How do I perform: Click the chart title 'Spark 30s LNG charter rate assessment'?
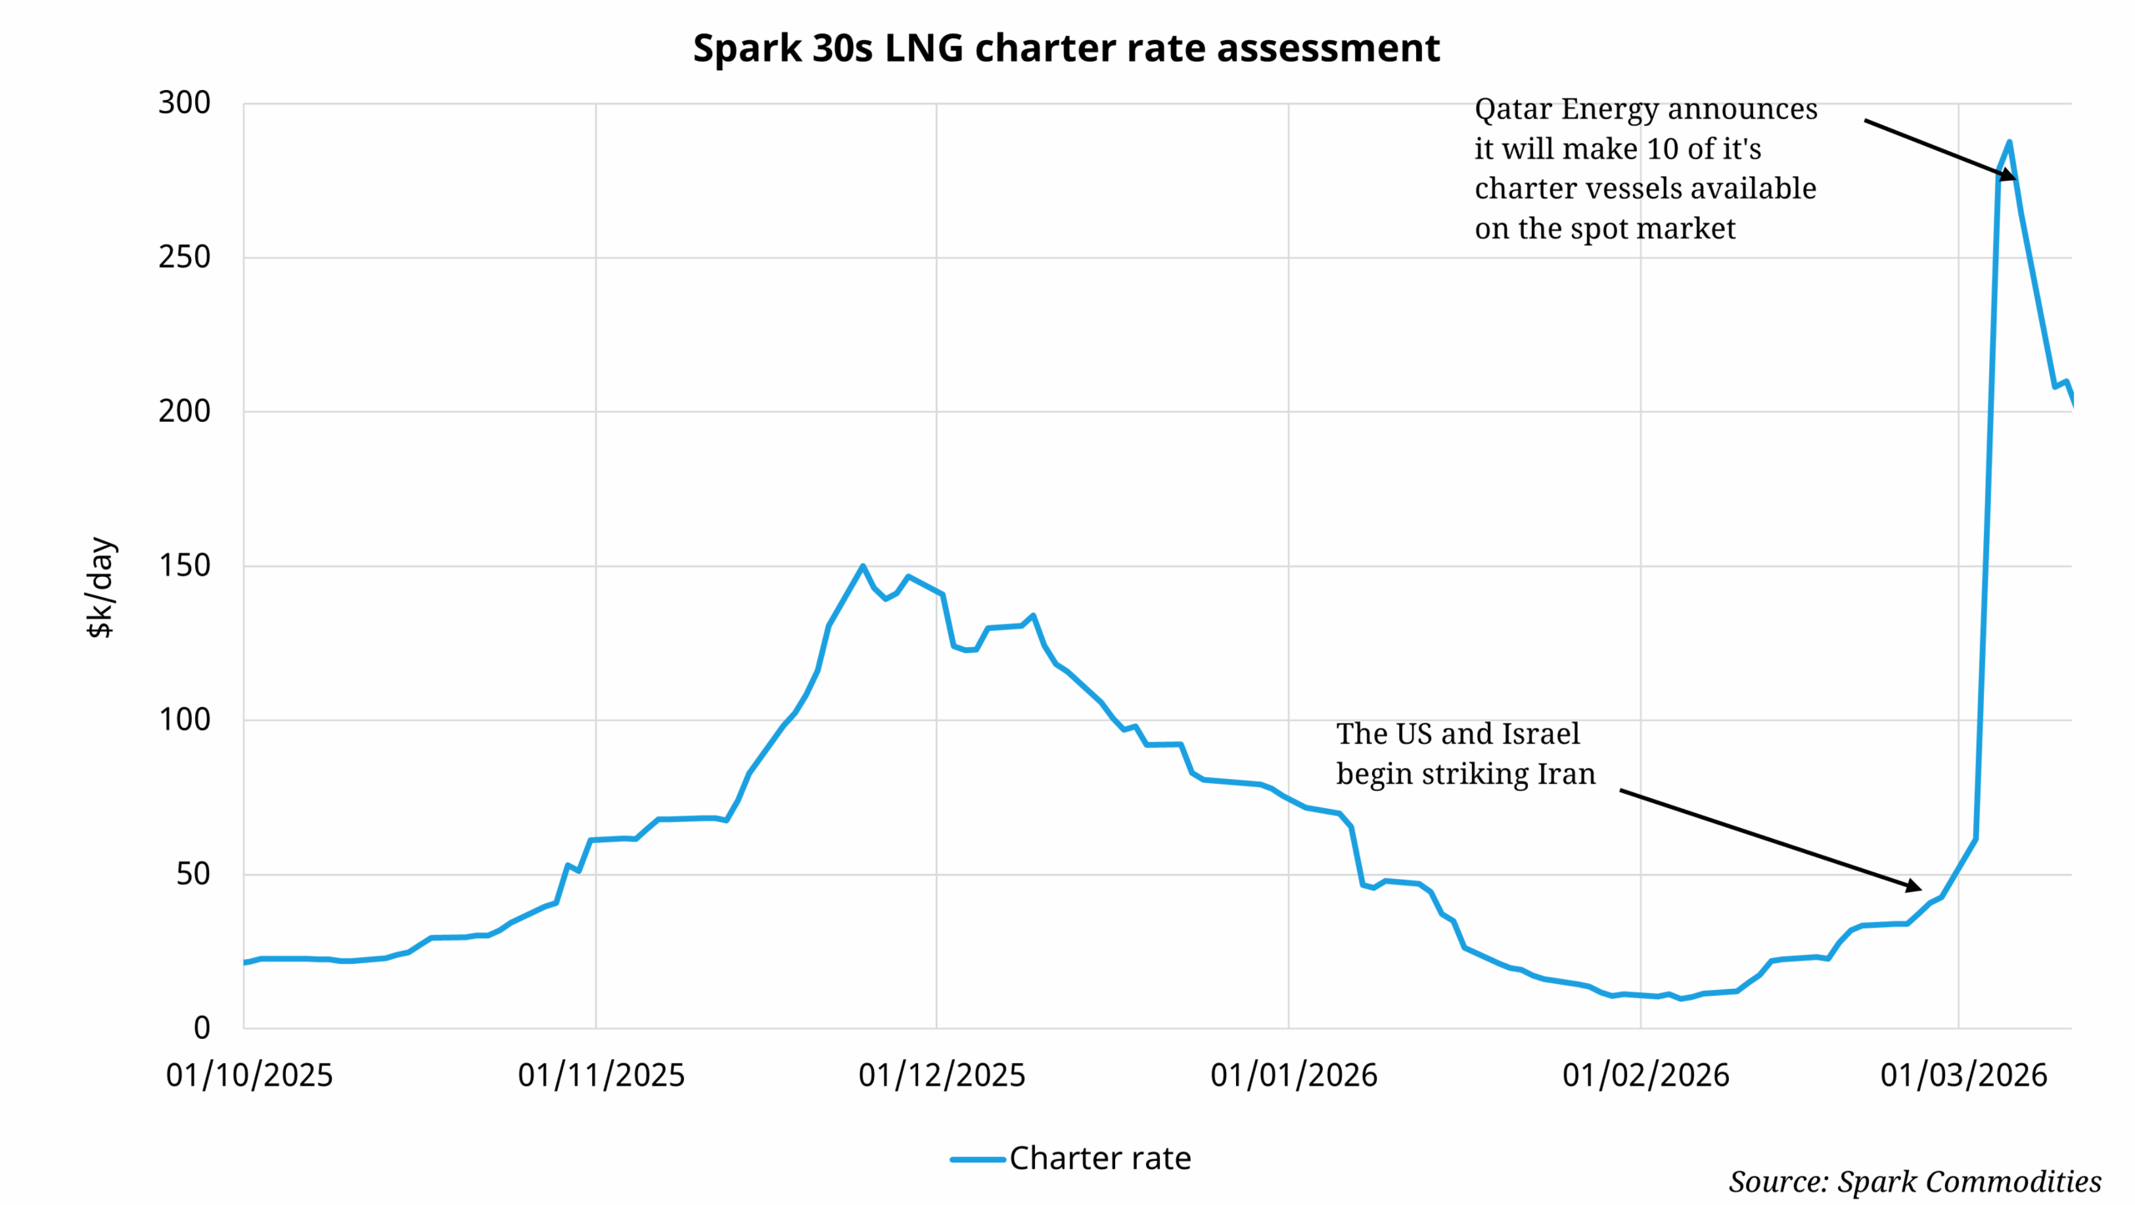point(1066,48)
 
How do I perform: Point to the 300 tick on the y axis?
point(184,103)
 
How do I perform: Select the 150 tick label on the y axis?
point(184,565)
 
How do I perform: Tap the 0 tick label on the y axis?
point(202,1027)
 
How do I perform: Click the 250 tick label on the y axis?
point(184,257)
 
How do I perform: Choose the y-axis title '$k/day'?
point(101,587)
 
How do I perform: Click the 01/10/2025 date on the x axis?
point(249,1075)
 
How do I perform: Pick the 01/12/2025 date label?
point(942,1075)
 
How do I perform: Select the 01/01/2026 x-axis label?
point(1294,1075)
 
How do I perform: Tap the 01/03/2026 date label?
point(1963,1075)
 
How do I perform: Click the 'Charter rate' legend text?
point(1100,1157)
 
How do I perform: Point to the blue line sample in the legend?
point(977,1158)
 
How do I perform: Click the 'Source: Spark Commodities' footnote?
point(1914,1181)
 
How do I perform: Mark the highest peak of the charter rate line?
point(2009,143)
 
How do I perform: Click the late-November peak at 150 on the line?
point(862,566)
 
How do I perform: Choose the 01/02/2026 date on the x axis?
point(1645,1075)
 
